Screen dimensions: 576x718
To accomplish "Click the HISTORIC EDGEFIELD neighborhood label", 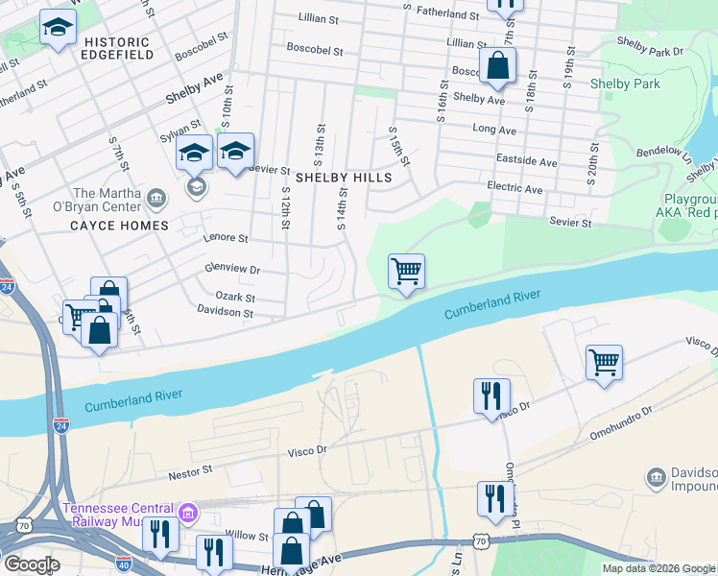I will coord(117,49).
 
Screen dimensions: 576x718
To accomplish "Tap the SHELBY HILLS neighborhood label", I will coord(344,179).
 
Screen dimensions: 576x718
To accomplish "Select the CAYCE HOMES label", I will coord(119,226).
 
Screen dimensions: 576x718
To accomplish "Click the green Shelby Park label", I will coord(624,84).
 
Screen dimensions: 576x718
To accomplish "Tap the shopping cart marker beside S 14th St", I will coord(406,273).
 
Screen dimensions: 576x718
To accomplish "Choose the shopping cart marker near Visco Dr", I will coord(604,364).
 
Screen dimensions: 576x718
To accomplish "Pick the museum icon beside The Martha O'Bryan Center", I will coord(157,199).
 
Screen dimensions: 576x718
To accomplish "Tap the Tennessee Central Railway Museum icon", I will coord(188,515).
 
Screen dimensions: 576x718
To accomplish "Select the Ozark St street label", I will coord(234,297).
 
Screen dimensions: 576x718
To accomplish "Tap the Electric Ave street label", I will coord(515,190).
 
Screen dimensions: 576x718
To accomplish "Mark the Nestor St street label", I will coord(190,471).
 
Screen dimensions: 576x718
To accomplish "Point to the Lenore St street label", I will coord(226,238).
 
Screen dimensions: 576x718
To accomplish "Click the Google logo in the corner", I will coord(32,564).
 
